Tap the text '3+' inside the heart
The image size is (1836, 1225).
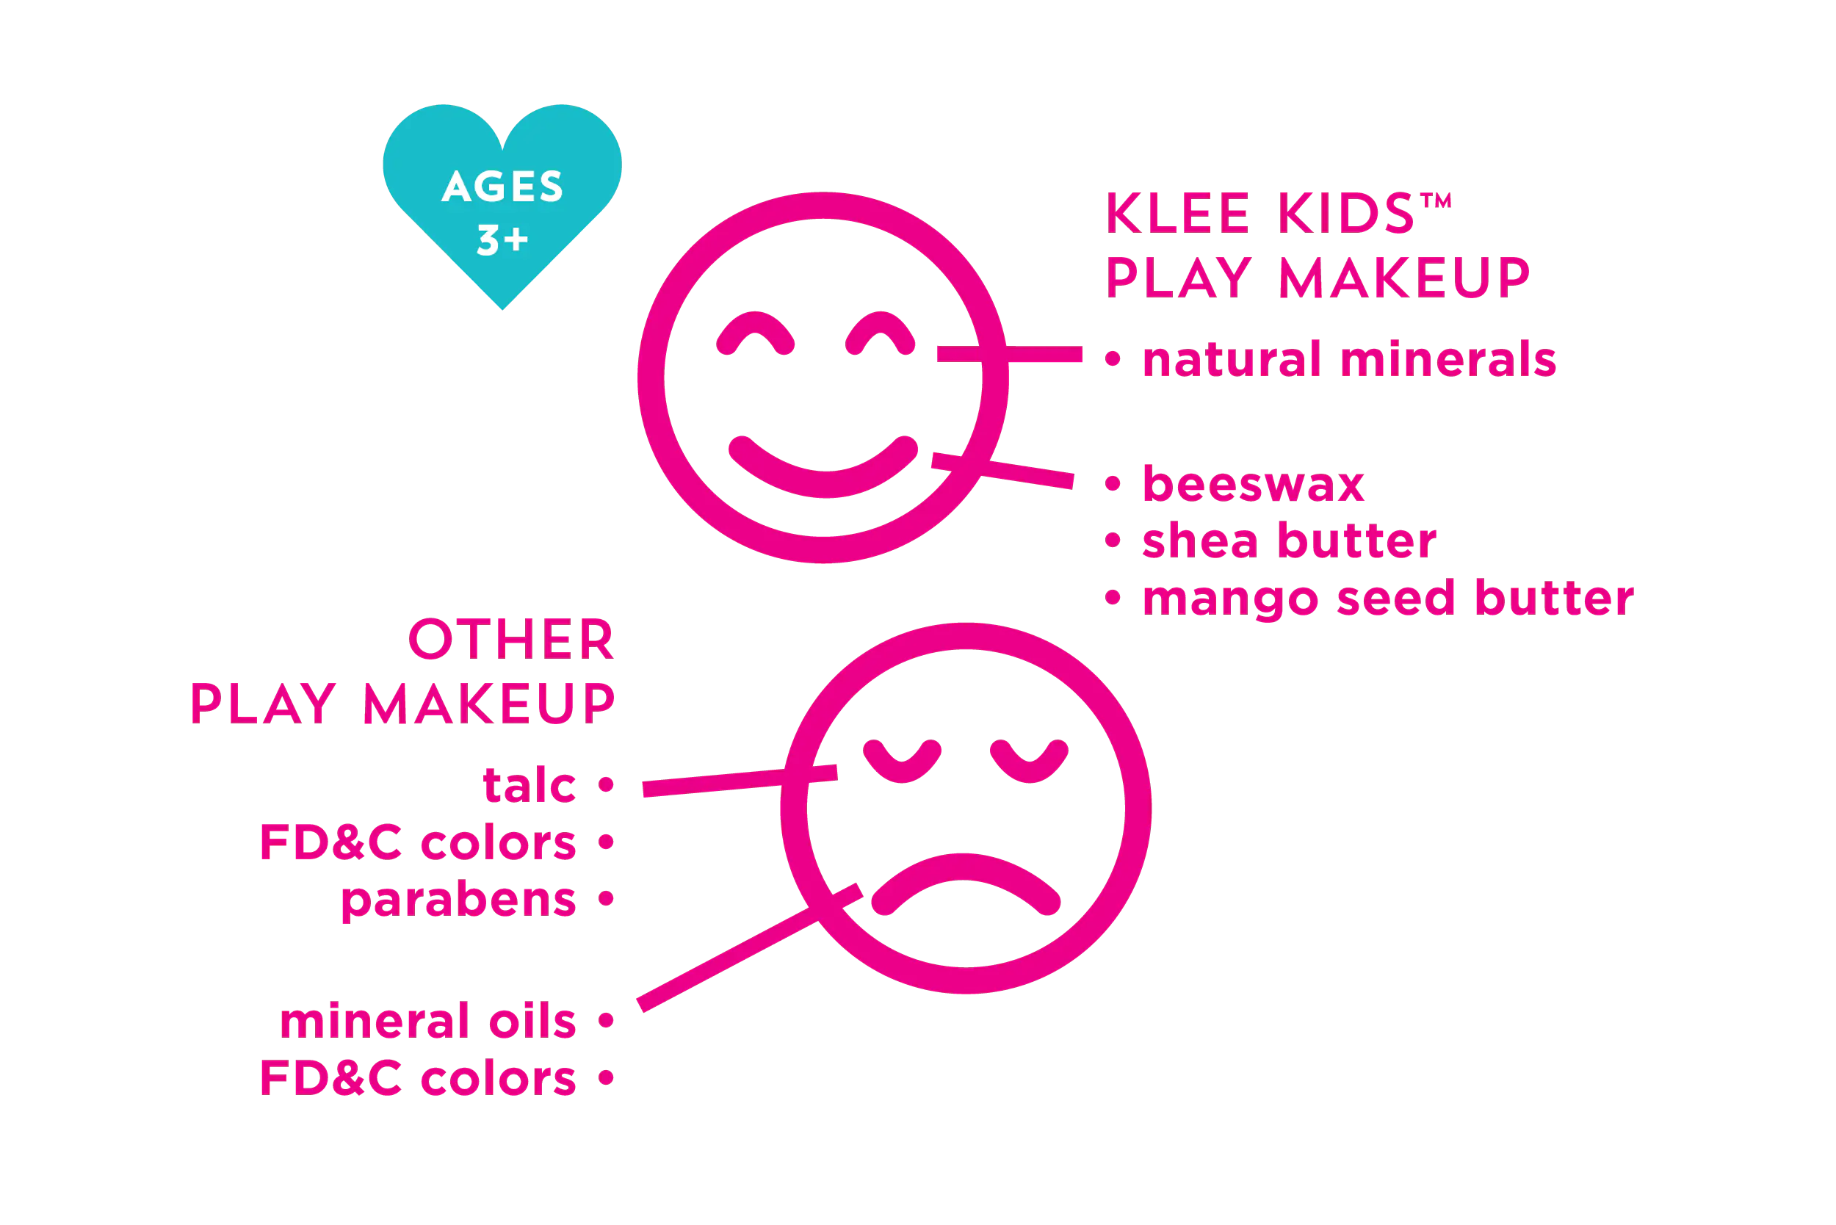coord(502,240)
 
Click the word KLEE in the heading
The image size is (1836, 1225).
coord(1178,212)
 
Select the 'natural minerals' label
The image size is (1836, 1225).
coord(1348,358)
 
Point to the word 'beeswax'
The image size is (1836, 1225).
coord(1253,485)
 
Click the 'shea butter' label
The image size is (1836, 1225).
coord(1288,541)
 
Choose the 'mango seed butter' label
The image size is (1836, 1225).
coord(1387,599)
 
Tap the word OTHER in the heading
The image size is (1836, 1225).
coord(511,640)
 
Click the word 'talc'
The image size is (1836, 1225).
coord(529,785)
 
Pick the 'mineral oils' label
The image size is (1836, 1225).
coord(427,1021)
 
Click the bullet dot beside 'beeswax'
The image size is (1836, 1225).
coord(1113,485)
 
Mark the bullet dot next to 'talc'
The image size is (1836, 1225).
coord(605,784)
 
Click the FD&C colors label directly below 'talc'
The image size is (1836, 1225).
coord(417,843)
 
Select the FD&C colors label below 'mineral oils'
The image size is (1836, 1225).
coord(417,1079)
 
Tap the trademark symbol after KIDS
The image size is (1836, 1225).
coord(1435,200)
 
